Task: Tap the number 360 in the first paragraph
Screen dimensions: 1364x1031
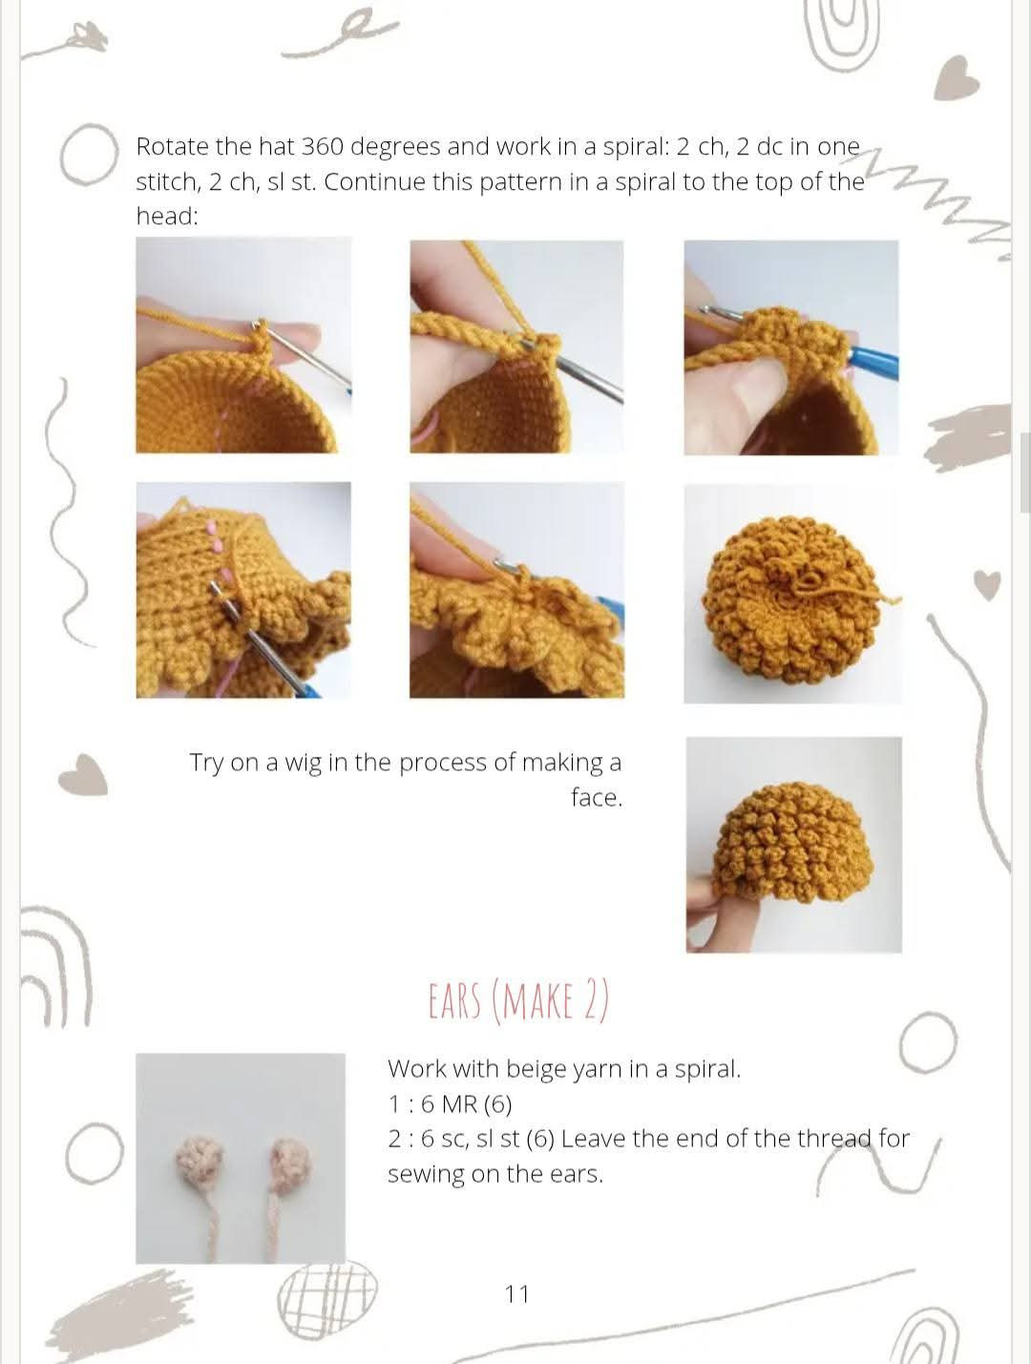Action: point(322,147)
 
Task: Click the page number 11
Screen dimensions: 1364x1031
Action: point(516,1293)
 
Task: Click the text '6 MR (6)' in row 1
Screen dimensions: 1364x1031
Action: point(466,1104)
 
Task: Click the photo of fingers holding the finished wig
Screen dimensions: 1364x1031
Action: point(793,844)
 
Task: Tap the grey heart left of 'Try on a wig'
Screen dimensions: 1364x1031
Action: point(83,774)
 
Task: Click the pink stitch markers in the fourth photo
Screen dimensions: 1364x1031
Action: point(215,554)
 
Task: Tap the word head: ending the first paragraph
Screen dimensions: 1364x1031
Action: point(167,217)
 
